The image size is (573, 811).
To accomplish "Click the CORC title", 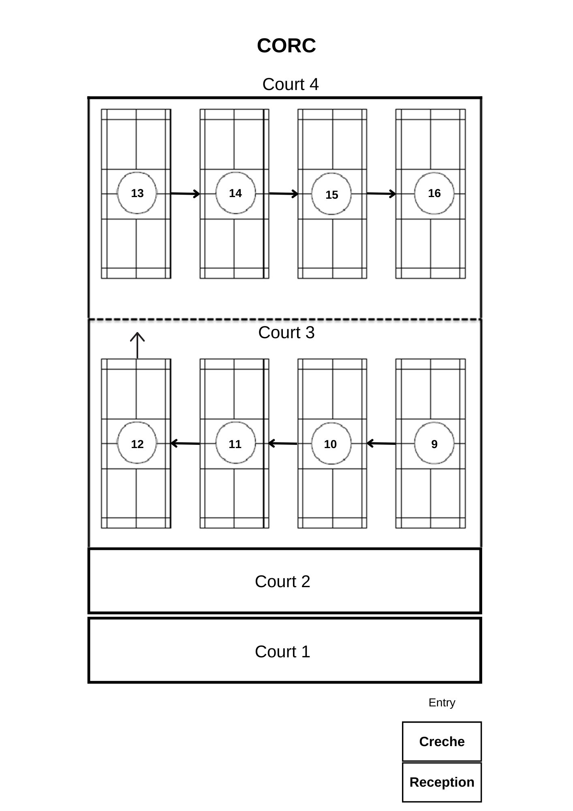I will [286, 45].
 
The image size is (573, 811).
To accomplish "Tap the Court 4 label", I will [290, 84].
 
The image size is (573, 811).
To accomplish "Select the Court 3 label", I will [286, 333].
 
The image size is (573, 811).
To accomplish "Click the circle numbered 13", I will [137, 193].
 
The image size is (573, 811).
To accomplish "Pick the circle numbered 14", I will [235, 193].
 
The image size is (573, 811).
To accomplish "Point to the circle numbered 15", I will [331, 194].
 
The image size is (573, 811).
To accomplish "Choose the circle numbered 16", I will [434, 193].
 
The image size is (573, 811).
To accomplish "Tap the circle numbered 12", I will [137, 444].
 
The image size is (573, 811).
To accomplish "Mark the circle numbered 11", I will [235, 444].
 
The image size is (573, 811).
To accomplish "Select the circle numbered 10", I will [331, 444].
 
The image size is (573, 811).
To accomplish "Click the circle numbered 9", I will [434, 444].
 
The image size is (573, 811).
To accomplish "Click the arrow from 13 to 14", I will [185, 194].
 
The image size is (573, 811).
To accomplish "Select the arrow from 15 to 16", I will [381, 194].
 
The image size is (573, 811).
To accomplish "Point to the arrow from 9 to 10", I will [381, 444].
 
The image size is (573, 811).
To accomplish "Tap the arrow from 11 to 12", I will [185, 444].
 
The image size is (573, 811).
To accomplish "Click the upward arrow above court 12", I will [137, 345].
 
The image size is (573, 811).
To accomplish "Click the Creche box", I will [442, 742].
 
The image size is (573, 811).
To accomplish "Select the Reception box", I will [442, 782].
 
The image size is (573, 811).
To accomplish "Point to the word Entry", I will [442, 703].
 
